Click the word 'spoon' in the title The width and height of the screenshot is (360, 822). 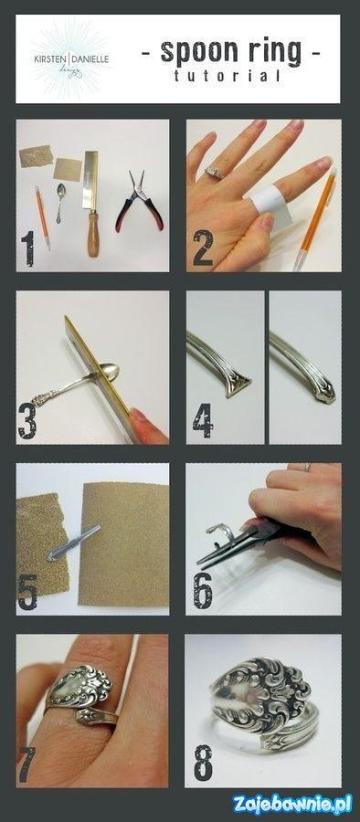click(x=196, y=53)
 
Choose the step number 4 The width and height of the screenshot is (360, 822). click(x=203, y=420)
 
